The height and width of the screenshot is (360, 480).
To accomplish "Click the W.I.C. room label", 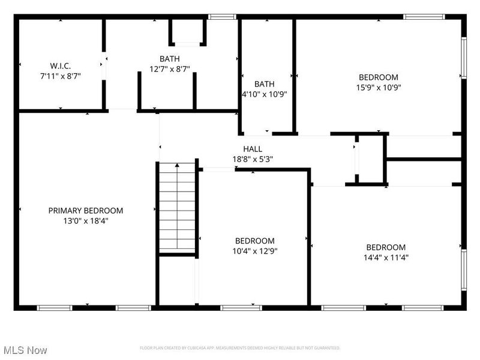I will pyautogui.click(x=60, y=66).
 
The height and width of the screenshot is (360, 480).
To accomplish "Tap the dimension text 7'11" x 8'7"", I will pyautogui.click(x=60, y=77).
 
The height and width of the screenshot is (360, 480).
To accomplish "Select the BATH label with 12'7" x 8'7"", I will pyautogui.click(x=169, y=59).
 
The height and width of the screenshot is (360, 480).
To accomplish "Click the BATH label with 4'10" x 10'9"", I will pyautogui.click(x=264, y=84).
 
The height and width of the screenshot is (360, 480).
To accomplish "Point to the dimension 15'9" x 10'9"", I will pyautogui.click(x=378, y=87).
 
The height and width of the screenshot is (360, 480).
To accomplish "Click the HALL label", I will pyautogui.click(x=252, y=149).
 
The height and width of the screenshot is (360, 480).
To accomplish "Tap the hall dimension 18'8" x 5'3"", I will pyautogui.click(x=252, y=159).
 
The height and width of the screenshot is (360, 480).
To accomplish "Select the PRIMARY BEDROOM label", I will pyautogui.click(x=86, y=211).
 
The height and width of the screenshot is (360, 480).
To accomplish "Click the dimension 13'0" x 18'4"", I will pyautogui.click(x=86, y=221).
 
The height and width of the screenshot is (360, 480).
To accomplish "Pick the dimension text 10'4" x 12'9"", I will pyautogui.click(x=255, y=251).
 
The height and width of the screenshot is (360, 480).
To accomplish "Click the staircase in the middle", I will pyautogui.click(x=177, y=207).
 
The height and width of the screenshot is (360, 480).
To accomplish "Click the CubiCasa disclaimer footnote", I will pyautogui.click(x=240, y=348).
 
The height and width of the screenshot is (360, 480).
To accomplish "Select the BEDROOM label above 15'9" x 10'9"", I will pyautogui.click(x=378, y=77).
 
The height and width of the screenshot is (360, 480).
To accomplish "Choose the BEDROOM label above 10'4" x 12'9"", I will pyautogui.click(x=255, y=241).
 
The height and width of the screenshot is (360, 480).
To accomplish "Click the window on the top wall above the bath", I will pyautogui.click(x=222, y=17).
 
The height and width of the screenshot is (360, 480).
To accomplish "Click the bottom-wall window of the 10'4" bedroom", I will pyautogui.click(x=233, y=308).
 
